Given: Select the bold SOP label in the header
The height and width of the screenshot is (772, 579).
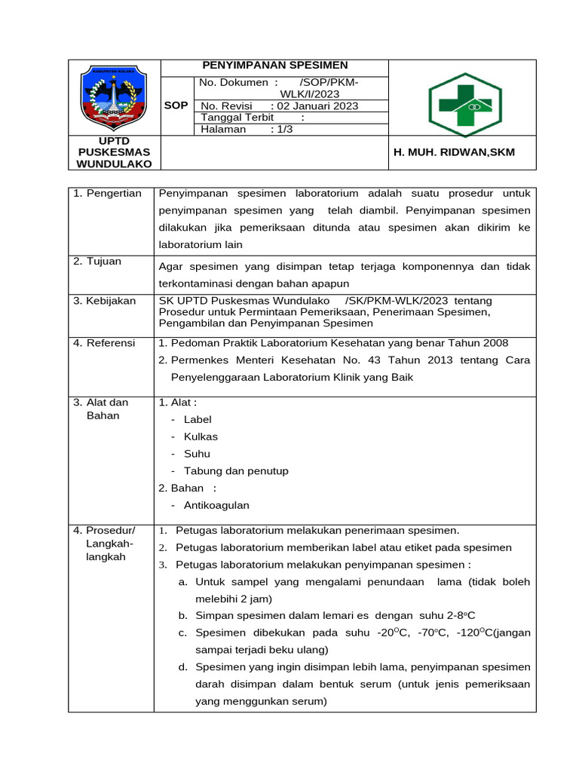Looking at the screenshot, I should tap(176, 106).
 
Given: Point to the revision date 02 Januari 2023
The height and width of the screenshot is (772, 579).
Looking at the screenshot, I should tap(316, 106).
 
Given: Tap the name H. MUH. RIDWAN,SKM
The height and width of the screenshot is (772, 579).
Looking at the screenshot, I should tap(454, 152).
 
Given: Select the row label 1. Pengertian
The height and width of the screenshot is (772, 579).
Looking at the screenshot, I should tap(108, 194).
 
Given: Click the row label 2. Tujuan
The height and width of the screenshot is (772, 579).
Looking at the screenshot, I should tap(98, 262).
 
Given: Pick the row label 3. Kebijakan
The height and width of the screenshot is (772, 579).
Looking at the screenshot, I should tap(105, 301).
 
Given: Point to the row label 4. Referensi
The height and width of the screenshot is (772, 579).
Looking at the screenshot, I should tap(104, 343).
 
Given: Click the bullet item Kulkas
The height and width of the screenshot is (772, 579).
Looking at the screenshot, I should tap(201, 437).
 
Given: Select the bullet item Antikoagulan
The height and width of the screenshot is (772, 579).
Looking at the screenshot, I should tap(216, 505).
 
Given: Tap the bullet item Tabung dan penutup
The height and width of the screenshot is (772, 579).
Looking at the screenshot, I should tap(236, 471).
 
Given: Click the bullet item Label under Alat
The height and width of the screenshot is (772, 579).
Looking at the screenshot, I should tap(198, 419).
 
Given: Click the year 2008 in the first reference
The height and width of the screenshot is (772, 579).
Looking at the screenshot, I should tap(495, 343).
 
